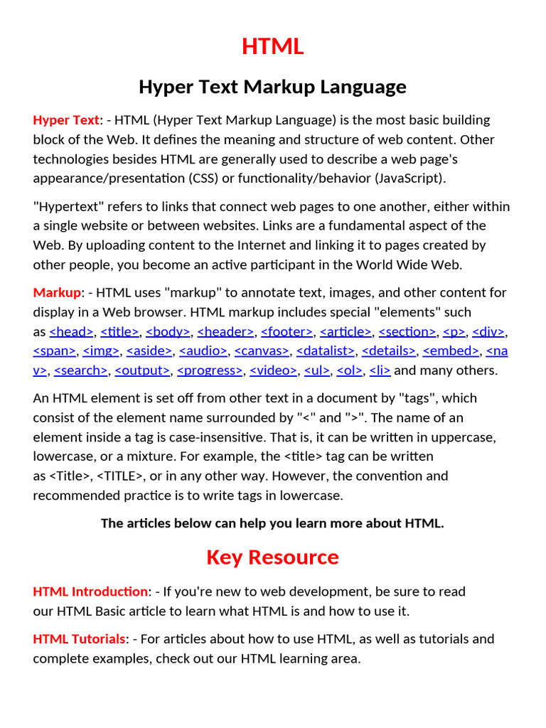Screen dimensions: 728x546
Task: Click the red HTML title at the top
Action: (x=272, y=47)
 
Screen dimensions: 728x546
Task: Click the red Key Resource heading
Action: (x=272, y=557)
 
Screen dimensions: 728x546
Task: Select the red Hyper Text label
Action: (x=66, y=119)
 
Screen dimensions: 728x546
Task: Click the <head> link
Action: (x=71, y=331)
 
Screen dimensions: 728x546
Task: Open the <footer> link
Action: (x=287, y=331)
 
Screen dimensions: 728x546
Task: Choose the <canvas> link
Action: (x=262, y=350)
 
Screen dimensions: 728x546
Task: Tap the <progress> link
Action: (x=210, y=370)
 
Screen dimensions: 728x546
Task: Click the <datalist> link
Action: (x=325, y=350)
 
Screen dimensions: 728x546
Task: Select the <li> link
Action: (x=380, y=370)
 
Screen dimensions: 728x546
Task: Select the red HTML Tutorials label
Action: (x=79, y=639)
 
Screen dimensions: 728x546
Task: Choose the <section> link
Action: (x=407, y=331)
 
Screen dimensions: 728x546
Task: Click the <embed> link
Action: (x=450, y=350)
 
